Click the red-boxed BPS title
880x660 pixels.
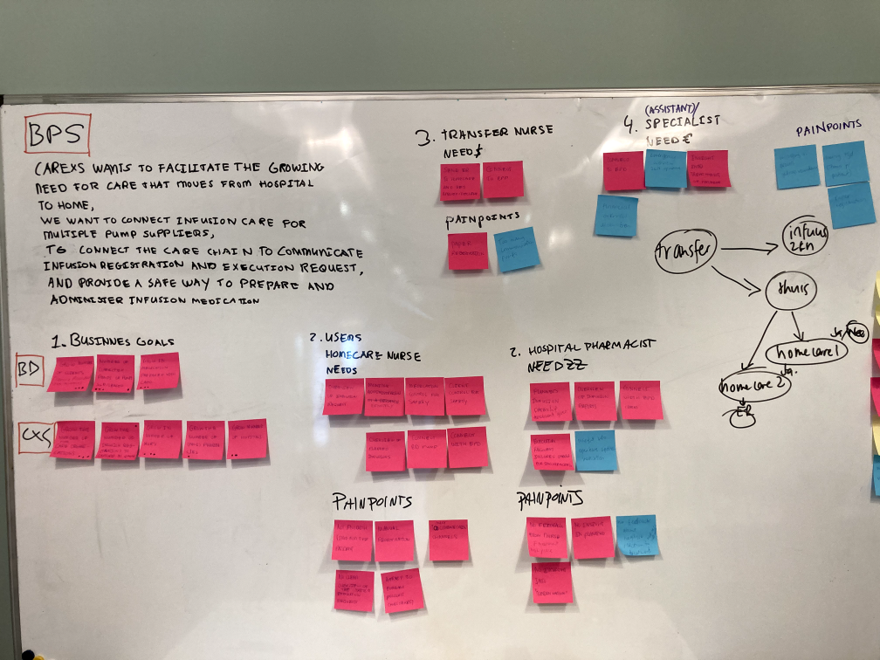pyautogui.click(x=57, y=135)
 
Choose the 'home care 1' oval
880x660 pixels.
pyautogui.click(x=806, y=352)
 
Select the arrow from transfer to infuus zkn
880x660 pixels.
pyautogui.click(x=746, y=251)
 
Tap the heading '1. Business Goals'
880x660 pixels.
pyautogui.click(x=112, y=341)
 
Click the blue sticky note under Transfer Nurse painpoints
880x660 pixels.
pyautogui.click(x=516, y=250)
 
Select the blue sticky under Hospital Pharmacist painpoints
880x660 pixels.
pyautogui.click(x=637, y=535)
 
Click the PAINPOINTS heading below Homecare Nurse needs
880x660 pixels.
pyautogui.click(x=371, y=502)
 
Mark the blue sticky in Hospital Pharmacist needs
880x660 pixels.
pyautogui.click(x=595, y=450)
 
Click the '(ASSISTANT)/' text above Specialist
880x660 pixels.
pyautogui.click(x=672, y=108)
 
